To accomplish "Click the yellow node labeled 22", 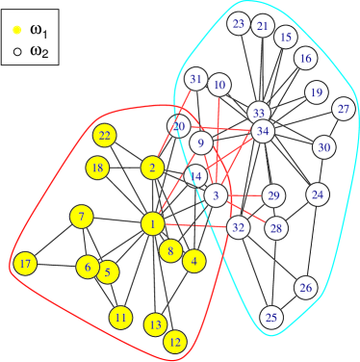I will point(105,136).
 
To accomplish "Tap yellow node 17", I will point(26,264).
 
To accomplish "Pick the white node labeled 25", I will point(271,318).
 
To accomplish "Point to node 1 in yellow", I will point(152,224).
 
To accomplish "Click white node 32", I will point(239,228).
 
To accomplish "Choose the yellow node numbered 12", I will point(175,341).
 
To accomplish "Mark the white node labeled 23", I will point(239,24).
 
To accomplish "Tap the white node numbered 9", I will point(201,143).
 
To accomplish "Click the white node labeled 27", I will point(344,109).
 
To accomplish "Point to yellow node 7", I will point(83,217).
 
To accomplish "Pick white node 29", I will point(273,196).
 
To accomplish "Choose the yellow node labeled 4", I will point(194,261).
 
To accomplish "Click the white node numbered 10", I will point(219,86).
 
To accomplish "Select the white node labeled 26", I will point(306,288).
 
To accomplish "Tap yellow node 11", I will point(120,317).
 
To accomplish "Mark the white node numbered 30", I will point(324,147).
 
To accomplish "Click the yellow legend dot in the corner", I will point(17,30).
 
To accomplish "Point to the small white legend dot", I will point(17,51).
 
